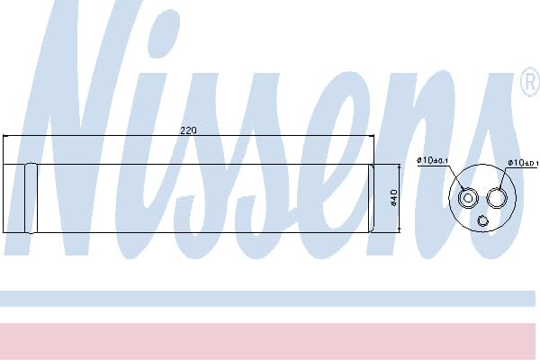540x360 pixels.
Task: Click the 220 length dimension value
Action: [x=188, y=130]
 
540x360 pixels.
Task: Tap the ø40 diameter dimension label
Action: [x=394, y=198]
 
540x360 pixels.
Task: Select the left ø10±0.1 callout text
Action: [x=432, y=160]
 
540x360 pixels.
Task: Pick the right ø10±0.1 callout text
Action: [x=523, y=163]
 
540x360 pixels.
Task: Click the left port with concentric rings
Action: [x=468, y=198]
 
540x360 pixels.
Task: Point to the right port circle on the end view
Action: [x=496, y=198]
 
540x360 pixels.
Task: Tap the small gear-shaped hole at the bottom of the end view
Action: [x=482, y=220]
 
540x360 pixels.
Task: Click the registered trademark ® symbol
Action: [x=531, y=82]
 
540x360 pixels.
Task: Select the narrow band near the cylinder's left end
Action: [x=31, y=198]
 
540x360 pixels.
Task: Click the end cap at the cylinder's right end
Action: [x=371, y=198]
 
